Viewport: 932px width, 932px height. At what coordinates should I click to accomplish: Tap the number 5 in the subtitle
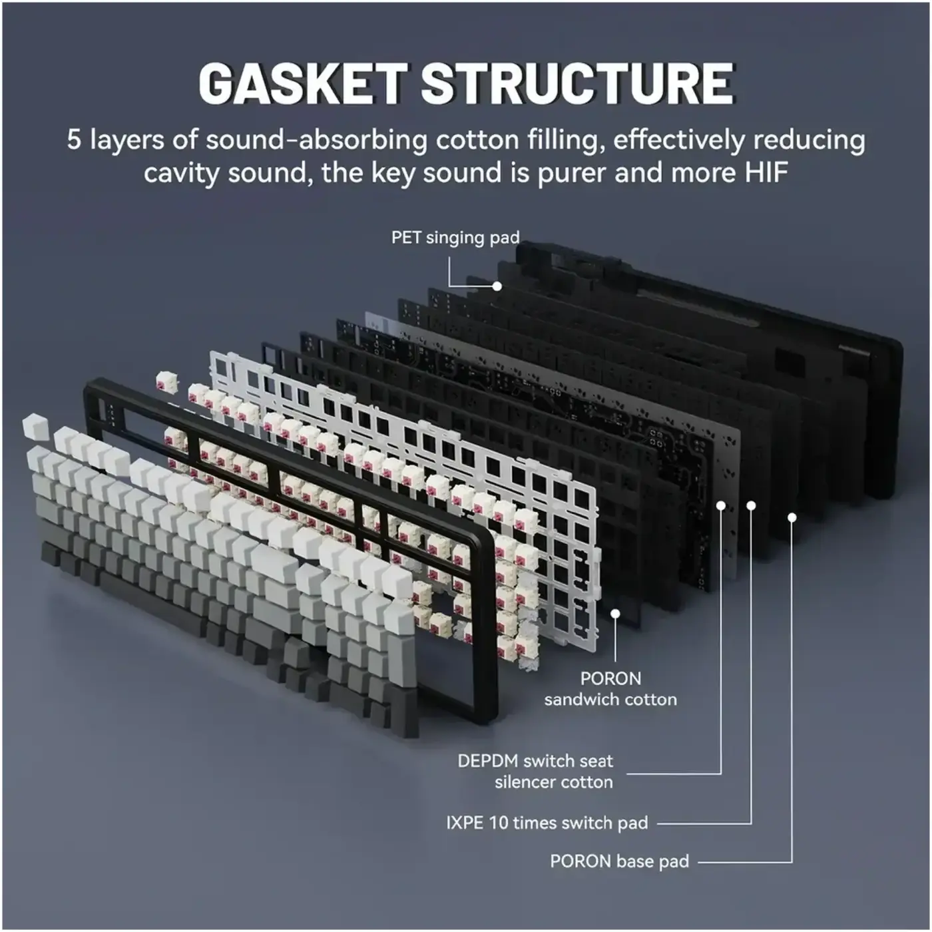(73, 139)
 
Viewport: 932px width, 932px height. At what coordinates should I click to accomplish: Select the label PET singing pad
(455, 237)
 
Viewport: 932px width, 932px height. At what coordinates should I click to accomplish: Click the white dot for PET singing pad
(497, 286)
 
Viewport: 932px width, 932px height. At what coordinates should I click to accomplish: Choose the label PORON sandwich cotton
(610, 689)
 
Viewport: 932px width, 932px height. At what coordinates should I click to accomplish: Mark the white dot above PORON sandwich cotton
(615, 614)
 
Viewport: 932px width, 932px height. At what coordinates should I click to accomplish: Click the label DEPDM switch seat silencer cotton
(535, 772)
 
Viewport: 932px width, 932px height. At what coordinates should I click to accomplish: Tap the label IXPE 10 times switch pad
(547, 823)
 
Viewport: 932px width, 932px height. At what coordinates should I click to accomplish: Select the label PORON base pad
(619, 861)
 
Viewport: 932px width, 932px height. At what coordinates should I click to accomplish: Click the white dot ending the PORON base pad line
(792, 517)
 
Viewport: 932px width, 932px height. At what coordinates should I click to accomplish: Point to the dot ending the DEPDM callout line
(721, 505)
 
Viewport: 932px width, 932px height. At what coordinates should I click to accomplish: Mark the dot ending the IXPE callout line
(751, 505)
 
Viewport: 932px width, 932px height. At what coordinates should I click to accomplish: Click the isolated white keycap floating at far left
(36, 427)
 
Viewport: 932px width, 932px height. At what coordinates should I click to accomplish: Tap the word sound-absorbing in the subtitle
(316, 140)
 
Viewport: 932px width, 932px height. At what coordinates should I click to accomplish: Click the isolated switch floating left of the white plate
(166, 381)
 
